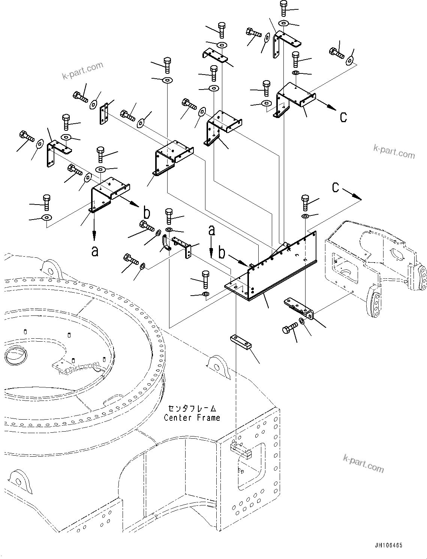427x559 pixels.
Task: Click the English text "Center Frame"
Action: pos(192,417)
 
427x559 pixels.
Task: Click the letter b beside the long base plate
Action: pos(222,253)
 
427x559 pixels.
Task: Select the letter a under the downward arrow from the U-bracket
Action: pos(95,251)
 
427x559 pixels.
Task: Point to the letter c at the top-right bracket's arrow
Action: pos(343,117)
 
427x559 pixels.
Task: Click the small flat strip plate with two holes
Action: pos(104,114)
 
